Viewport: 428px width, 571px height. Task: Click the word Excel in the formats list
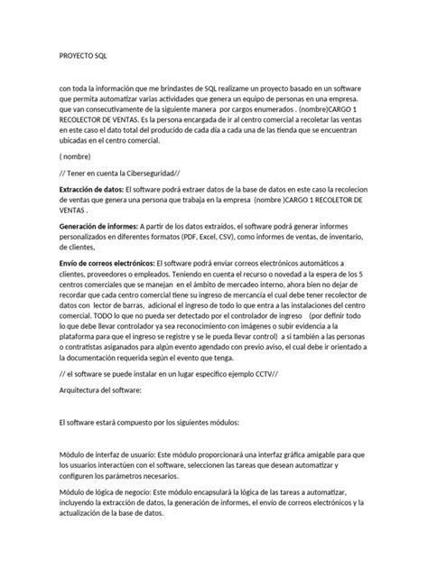click(236, 238)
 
